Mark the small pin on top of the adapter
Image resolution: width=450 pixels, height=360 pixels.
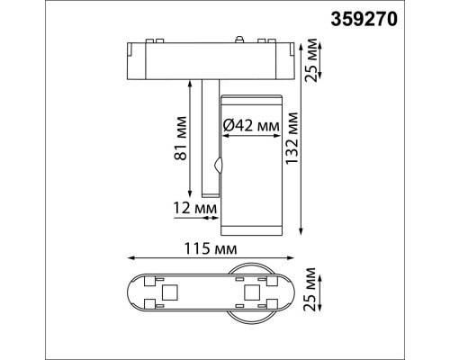pos(239,39)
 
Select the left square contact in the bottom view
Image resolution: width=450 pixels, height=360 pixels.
pos(167,292)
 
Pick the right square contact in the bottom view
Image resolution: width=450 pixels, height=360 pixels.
pos(252,292)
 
